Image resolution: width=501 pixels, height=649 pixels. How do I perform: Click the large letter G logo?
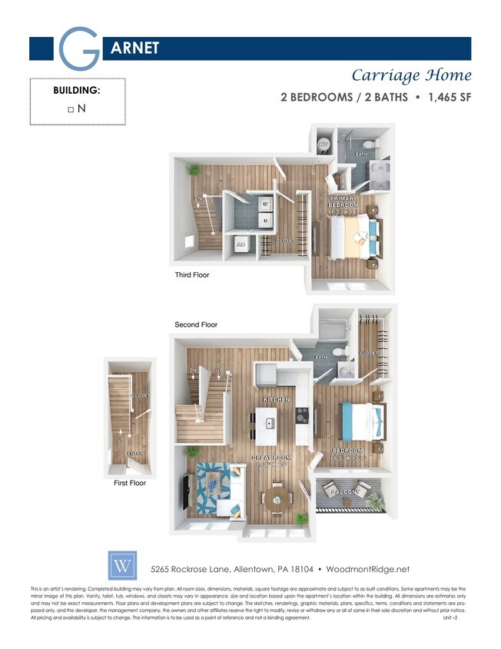(x=79, y=48)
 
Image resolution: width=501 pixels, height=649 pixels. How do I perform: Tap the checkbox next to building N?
(x=71, y=109)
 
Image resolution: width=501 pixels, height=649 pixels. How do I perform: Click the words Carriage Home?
(x=411, y=75)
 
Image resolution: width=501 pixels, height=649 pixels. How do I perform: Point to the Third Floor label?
(x=192, y=275)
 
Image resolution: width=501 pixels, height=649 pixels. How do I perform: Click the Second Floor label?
(x=196, y=324)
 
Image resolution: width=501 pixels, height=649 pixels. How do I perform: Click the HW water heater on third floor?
(x=323, y=144)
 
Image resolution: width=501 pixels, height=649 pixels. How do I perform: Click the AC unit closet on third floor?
(x=240, y=244)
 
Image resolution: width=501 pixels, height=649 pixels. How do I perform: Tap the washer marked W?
(x=266, y=205)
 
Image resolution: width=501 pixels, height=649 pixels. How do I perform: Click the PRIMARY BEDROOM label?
(x=343, y=202)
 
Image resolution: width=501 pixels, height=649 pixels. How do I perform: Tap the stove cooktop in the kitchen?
(x=302, y=420)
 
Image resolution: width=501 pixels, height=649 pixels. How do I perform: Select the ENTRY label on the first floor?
(x=134, y=454)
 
